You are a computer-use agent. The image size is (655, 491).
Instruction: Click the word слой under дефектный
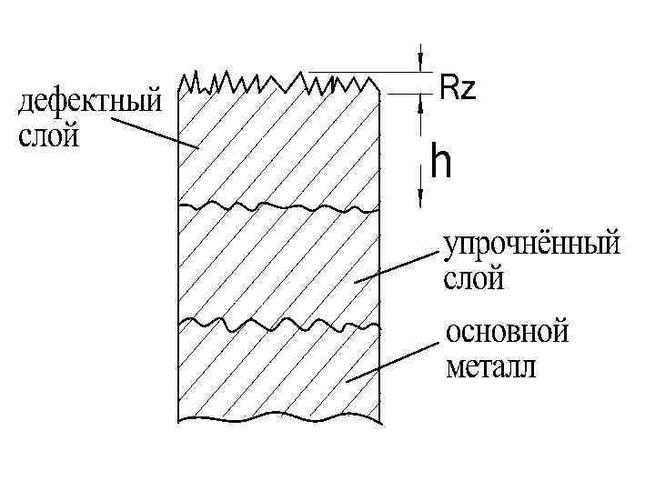pyautogui.click(x=49, y=136)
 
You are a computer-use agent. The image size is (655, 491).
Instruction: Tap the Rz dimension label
pyautogui.click(x=457, y=88)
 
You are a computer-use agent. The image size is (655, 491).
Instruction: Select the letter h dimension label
pyautogui.click(x=442, y=164)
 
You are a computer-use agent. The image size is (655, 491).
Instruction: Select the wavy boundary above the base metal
pyautogui.click(x=273, y=324)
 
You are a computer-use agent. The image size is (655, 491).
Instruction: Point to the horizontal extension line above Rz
pyautogui.click(x=364, y=71)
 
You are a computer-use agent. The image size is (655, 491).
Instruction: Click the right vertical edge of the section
pyautogui.click(x=378, y=273)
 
